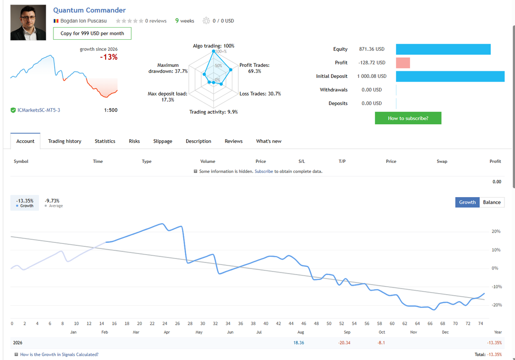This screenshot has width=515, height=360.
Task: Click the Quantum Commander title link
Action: (x=90, y=10)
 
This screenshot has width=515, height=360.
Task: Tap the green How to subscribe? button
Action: (x=408, y=118)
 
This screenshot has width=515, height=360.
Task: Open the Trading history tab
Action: (x=65, y=141)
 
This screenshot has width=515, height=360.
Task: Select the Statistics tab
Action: (x=105, y=141)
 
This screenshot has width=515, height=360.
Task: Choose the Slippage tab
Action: (x=162, y=141)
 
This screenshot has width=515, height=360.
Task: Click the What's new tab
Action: (x=269, y=141)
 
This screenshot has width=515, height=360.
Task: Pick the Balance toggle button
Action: (x=492, y=202)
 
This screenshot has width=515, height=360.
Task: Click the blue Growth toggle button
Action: (x=467, y=202)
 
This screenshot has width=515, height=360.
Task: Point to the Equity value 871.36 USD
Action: (x=372, y=49)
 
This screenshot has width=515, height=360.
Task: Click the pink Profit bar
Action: (x=403, y=63)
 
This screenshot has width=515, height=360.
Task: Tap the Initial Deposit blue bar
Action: (x=450, y=76)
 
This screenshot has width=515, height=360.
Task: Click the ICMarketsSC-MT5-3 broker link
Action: (x=39, y=111)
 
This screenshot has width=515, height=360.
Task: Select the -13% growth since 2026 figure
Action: (x=109, y=57)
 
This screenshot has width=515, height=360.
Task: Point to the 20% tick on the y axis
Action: (x=496, y=232)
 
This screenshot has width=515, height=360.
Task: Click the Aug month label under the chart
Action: (x=301, y=332)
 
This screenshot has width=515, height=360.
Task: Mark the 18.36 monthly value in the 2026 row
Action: (x=299, y=342)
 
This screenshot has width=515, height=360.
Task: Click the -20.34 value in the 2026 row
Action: (x=344, y=342)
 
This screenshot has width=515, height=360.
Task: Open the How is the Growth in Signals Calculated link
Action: (x=59, y=354)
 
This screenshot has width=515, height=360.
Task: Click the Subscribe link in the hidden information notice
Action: (x=264, y=171)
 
